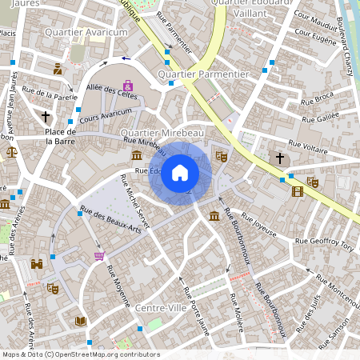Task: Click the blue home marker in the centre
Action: [x=180, y=173]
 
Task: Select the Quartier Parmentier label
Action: [x=203, y=74]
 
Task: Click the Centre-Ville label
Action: [x=161, y=308]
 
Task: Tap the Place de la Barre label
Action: [x=60, y=136]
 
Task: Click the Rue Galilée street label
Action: [x=320, y=118]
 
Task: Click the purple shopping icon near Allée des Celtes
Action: [x=128, y=86]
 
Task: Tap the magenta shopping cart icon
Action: [x=99, y=256]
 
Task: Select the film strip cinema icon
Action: [x=298, y=191]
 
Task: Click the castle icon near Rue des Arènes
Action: [x=37, y=263]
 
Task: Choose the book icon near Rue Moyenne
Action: [x=80, y=321]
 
